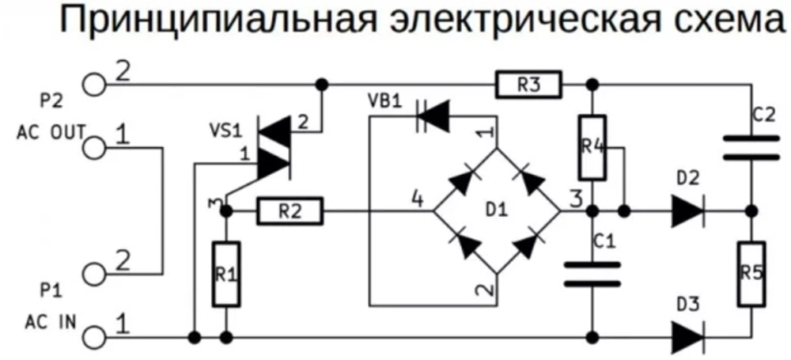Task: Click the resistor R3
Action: pos(529,83)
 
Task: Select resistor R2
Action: pos(290,211)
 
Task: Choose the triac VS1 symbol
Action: pos(274,146)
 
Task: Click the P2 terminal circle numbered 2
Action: pos(93,83)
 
